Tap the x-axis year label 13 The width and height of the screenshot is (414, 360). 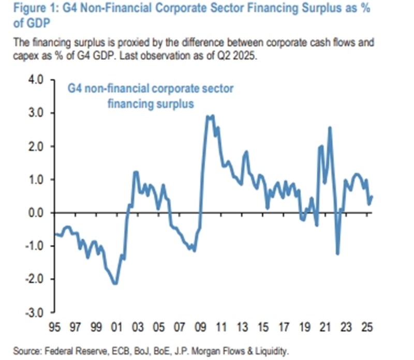[x=242, y=328]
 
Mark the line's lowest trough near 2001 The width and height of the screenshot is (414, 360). [x=115, y=283]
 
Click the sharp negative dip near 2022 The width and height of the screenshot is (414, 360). [x=337, y=253]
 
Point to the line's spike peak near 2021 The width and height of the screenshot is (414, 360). [x=330, y=127]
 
